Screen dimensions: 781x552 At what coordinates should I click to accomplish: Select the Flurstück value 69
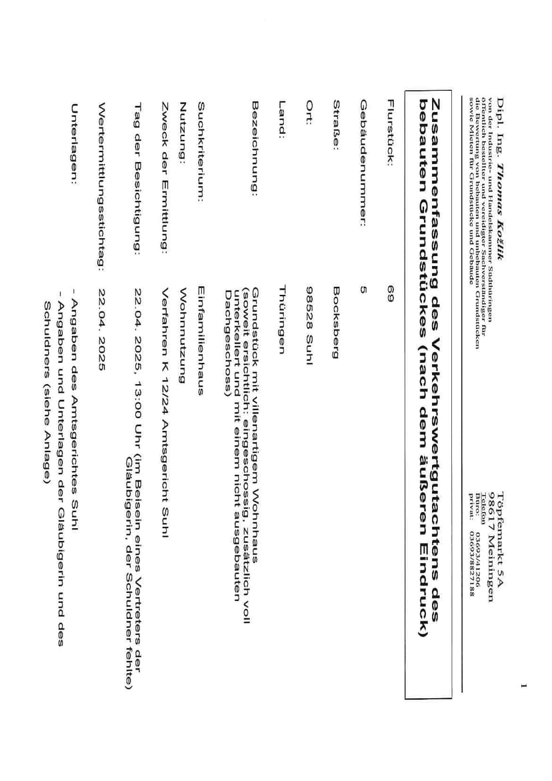(391, 290)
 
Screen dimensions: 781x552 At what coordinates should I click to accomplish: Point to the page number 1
(524, 684)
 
